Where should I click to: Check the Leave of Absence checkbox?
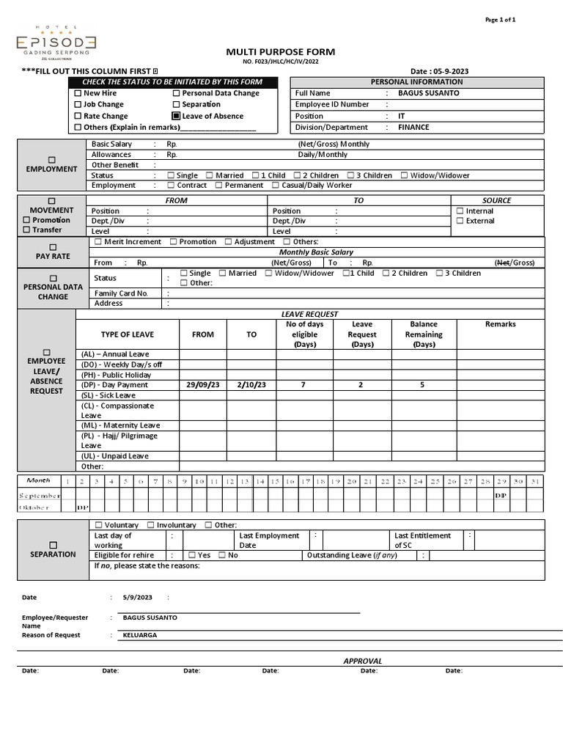(x=176, y=116)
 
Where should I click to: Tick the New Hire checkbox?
(x=78, y=94)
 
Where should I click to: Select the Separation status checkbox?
(x=176, y=105)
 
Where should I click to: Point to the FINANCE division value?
(x=413, y=127)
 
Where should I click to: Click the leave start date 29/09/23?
(x=203, y=385)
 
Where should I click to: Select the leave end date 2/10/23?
(x=251, y=385)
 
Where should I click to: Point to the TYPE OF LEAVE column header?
(x=128, y=334)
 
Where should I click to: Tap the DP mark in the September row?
(x=501, y=495)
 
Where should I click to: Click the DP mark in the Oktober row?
(x=83, y=507)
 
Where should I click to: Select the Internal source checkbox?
(x=460, y=211)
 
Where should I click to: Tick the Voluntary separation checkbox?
(x=99, y=525)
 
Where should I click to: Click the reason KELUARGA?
(x=139, y=635)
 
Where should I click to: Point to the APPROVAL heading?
(x=363, y=661)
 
